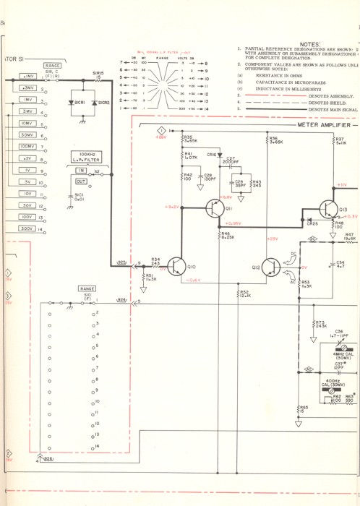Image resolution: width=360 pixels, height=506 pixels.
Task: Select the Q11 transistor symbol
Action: pyautogui.click(x=215, y=209)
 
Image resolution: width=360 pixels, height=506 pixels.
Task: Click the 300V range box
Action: pyautogui.click(x=27, y=228)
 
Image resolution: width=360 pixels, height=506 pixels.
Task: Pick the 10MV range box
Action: pyautogui.click(x=27, y=124)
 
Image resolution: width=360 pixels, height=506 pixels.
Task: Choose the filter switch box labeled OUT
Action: pyautogui.click(x=81, y=181)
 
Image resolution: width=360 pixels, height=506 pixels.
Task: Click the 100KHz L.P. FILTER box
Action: pyautogui.click(x=86, y=156)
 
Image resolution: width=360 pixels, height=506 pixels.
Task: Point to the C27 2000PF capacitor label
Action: pyautogui.click(x=231, y=160)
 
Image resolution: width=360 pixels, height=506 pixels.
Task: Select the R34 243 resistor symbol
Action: pyautogui.click(x=155, y=265)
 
